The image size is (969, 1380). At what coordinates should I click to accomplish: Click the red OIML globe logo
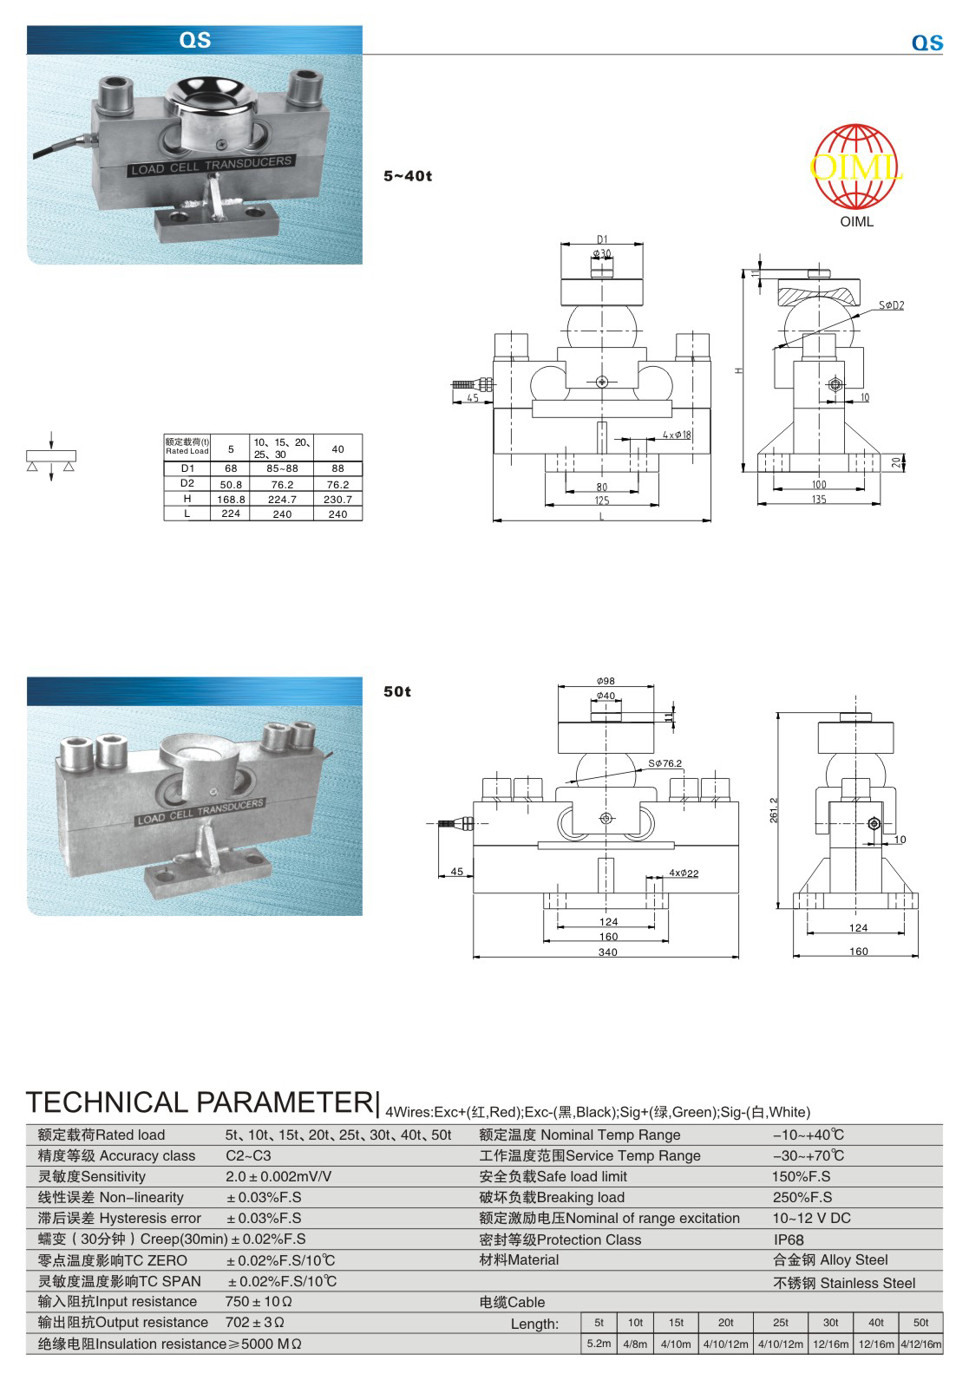[x=855, y=167]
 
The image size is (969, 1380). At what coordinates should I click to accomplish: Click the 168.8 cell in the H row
[x=231, y=499]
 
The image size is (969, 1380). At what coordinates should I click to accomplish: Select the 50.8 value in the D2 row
[x=231, y=484]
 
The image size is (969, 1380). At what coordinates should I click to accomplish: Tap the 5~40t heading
[x=407, y=176]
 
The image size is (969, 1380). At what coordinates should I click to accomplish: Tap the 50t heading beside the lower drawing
[x=397, y=691]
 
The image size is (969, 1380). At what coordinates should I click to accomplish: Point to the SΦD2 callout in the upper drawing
[x=891, y=305]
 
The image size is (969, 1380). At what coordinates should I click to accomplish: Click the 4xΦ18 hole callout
[x=677, y=435]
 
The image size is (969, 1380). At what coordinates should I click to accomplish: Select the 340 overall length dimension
[x=607, y=952]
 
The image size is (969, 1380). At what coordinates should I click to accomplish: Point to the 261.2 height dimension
[x=774, y=810]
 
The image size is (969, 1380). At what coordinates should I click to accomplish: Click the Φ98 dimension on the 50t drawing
[x=606, y=682]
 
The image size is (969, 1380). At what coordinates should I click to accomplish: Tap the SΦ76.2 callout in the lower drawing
[x=665, y=763]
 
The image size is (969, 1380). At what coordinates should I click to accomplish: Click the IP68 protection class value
[x=789, y=1239]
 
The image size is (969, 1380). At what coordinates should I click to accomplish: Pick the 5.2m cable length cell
[x=599, y=1344]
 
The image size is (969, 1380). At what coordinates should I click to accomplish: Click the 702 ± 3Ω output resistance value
[x=255, y=1323]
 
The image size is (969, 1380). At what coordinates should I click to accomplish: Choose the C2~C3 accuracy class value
[x=248, y=1155]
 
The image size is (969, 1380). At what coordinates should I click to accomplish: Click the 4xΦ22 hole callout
[x=684, y=873]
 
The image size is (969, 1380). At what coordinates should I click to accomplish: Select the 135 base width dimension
[x=818, y=499]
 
